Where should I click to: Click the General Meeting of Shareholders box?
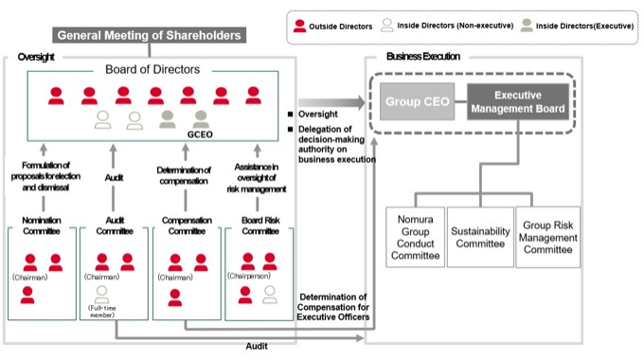pyautogui.click(x=149, y=35)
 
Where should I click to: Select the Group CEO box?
pyautogui.click(x=417, y=101)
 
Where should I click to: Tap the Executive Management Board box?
pyautogui.click(x=518, y=101)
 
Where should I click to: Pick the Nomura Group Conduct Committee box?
pyautogui.click(x=415, y=237)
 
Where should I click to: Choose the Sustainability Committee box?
pyautogui.click(x=480, y=237)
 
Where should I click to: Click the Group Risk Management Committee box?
pyautogui.click(x=548, y=237)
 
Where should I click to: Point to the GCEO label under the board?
pyautogui.click(x=200, y=135)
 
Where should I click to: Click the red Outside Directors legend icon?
pyautogui.click(x=299, y=26)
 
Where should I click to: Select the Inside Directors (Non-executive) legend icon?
pyautogui.click(x=387, y=25)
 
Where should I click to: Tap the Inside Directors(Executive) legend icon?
pyautogui.click(x=527, y=25)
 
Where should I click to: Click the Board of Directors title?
pyautogui.click(x=152, y=69)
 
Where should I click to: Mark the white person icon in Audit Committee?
pyautogui.click(x=101, y=295)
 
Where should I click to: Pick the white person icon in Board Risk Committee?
pyautogui.click(x=269, y=295)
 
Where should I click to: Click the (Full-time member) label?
pyautogui.click(x=102, y=312)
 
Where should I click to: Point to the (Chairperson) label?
pyautogui.click(x=249, y=276)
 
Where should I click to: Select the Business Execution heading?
pyautogui.click(x=423, y=56)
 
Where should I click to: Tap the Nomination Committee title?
pyautogui.click(x=42, y=225)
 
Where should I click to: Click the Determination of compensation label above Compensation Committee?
pyautogui.click(x=184, y=175)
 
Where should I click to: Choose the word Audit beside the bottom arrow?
pyautogui.click(x=257, y=346)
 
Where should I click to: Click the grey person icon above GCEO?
pyautogui.click(x=201, y=119)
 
